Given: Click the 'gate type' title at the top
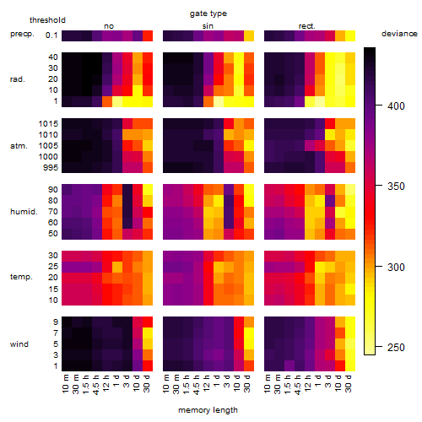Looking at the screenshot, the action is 208,14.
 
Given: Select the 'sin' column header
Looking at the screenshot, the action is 208,26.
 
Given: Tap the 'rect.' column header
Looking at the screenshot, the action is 306,26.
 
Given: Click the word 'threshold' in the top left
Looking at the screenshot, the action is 47,20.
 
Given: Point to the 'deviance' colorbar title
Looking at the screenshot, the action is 399,34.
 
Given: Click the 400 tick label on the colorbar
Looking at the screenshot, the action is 396,106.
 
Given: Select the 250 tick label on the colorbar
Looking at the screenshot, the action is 396,348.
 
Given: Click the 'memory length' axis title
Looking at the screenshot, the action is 208,410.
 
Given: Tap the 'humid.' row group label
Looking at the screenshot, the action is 24,212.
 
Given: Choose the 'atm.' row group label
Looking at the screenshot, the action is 19,146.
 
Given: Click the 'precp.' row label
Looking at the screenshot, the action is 22,35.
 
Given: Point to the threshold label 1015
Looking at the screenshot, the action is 48,124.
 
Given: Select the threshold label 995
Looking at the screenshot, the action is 51,168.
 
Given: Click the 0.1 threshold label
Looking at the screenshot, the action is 51,35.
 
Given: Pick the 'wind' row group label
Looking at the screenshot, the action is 19,344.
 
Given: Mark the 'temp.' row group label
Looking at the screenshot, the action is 21,277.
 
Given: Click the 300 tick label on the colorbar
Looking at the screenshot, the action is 396,267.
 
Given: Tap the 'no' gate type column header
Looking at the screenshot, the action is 109,26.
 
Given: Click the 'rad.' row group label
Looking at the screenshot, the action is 18,79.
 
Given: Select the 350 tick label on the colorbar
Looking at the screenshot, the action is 396,187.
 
